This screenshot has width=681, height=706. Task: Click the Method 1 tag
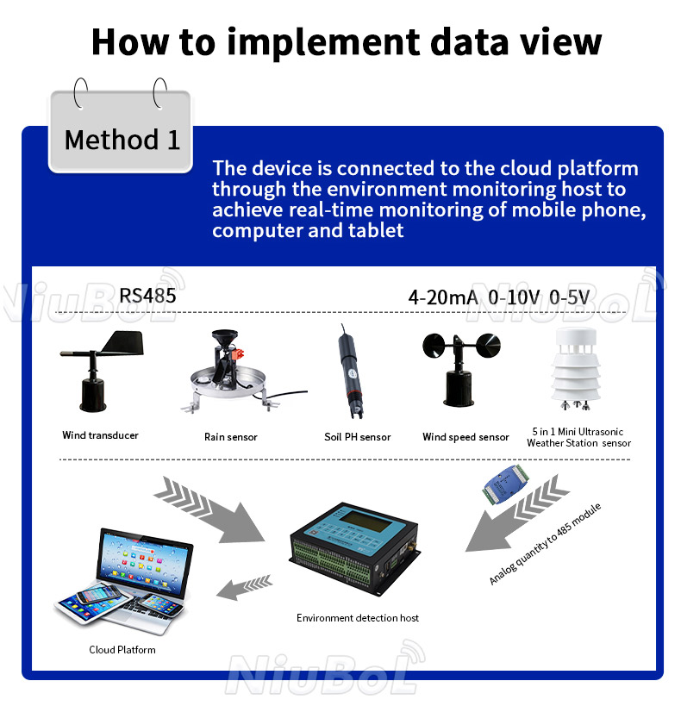point(122,139)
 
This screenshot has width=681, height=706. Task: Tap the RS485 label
point(147,296)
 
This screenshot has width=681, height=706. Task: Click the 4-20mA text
point(442,297)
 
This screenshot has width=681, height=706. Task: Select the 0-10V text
point(514,297)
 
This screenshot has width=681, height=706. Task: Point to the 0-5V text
point(570,297)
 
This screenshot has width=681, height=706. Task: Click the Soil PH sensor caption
point(357,437)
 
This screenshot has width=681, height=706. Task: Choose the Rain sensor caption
point(230,437)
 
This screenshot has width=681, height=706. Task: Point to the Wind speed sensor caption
point(465,437)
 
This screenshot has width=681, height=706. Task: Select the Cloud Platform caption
point(122,649)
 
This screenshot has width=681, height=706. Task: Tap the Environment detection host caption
point(358,618)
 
